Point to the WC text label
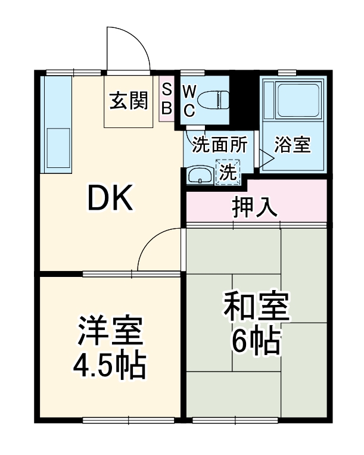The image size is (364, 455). click(188, 101)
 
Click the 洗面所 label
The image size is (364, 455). click(219, 145)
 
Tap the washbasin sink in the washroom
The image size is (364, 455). click(199, 175)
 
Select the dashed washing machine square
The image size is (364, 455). click(227, 173)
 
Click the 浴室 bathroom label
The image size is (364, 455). click(293, 145)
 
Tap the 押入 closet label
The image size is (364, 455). click(255, 206)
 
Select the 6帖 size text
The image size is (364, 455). click(256, 341)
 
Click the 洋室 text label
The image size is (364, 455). click(110, 332)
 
